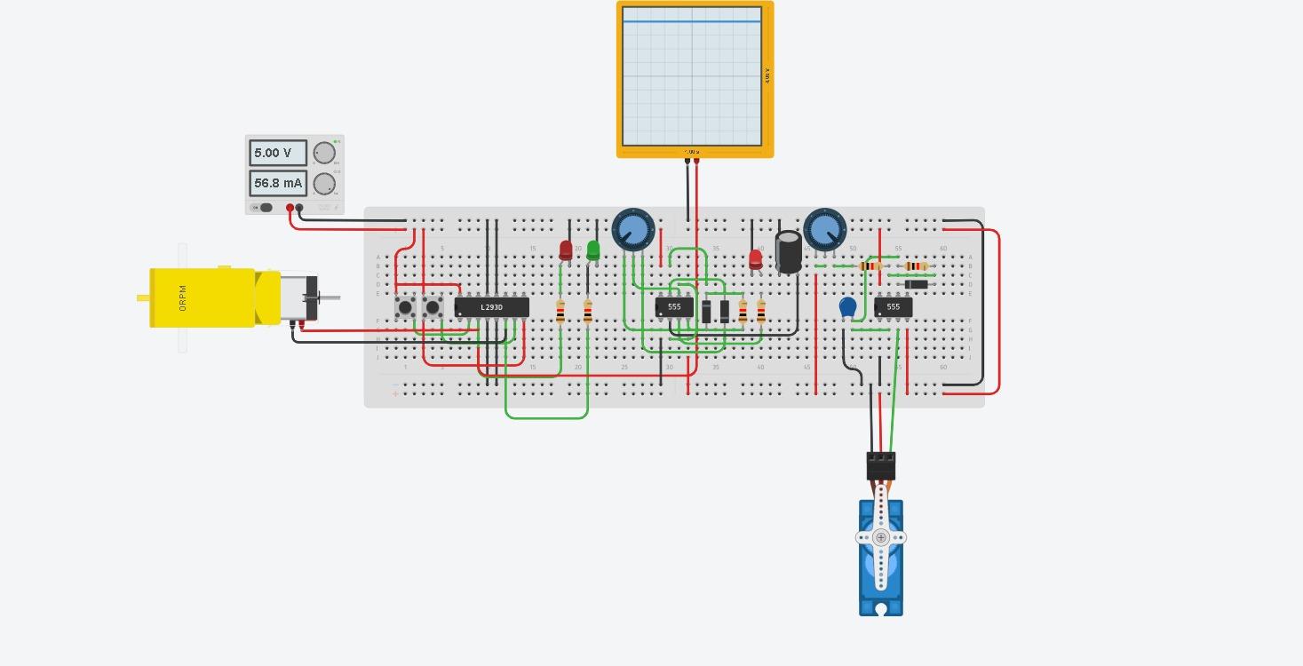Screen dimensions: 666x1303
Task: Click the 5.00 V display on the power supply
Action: tap(277, 153)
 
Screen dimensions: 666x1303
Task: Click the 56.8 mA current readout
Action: tap(277, 183)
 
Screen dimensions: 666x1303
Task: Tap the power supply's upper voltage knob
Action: tap(324, 153)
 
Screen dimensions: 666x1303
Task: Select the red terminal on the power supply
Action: tap(290, 208)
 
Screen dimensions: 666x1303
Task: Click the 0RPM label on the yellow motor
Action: tap(183, 297)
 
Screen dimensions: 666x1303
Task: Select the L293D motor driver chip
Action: tap(491, 307)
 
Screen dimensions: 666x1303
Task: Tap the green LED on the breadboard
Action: tap(593, 250)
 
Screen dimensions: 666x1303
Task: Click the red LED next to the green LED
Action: tap(566, 250)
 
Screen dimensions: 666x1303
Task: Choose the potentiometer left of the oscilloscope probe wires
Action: tap(633, 230)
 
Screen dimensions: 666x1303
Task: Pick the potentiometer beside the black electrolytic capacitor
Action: tap(824, 230)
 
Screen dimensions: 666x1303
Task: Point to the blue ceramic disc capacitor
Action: tap(847, 307)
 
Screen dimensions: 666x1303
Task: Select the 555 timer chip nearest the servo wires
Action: tap(893, 306)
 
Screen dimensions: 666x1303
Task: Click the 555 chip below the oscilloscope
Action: tap(674, 307)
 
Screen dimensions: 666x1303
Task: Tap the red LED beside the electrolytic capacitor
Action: tap(755, 258)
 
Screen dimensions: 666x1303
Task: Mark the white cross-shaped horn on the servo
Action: tap(881, 537)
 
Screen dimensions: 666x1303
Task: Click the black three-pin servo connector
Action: tap(881, 465)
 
